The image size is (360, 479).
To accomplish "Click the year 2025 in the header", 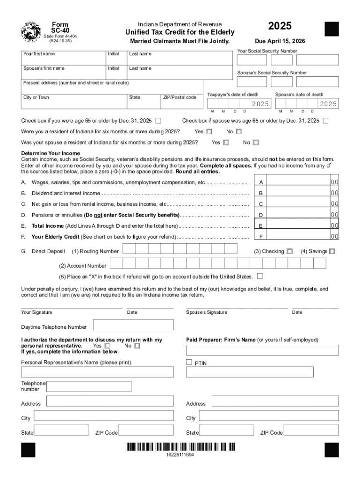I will coord(279,26).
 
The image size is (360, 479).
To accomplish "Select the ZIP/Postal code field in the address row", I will coord(181,102).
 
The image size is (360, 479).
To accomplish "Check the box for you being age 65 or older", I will coord(158,121).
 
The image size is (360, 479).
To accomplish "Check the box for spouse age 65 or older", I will coord(325,121).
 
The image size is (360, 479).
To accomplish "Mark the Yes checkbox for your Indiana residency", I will coord(209,132).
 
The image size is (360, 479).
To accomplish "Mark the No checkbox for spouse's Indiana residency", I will coord(256,143).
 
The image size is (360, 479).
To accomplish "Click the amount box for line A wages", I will coord(299,181).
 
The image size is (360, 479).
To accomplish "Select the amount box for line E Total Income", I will coord(299,225).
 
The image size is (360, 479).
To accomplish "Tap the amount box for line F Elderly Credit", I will coord(299,237).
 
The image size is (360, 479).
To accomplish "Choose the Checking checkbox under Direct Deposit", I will coord(290,251).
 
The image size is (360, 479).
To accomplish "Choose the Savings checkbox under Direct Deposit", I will coord(332,251).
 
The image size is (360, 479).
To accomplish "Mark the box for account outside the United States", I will coord(260,276).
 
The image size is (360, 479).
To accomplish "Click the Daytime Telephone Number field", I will coord(133,325).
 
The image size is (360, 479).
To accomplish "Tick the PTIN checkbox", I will coord(189,362).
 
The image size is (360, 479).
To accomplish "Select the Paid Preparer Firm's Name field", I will coord(262,350).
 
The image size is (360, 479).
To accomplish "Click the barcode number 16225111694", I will coord(180,455).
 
